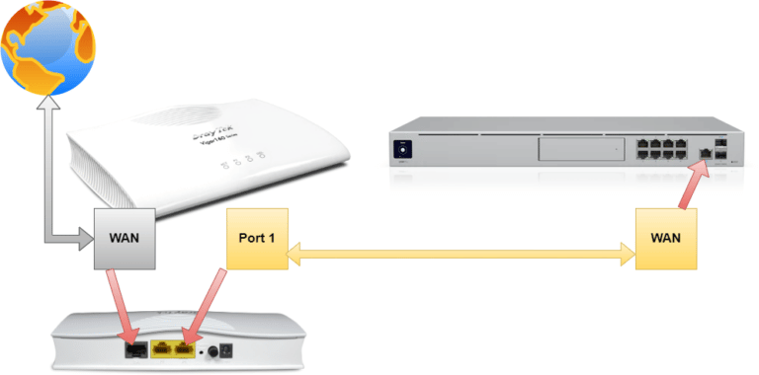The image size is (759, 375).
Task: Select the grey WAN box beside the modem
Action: pyautogui.click(x=126, y=238)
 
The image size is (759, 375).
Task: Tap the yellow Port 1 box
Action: pyautogui.click(x=257, y=238)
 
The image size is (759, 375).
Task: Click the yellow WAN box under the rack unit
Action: pyautogui.click(x=666, y=238)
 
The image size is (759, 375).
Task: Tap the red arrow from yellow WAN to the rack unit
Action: pyautogui.click(x=691, y=183)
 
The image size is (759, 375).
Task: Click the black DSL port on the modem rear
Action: pyautogui.click(x=134, y=347)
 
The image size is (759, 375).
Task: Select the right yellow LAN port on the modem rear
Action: pyautogui.click(x=183, y=348)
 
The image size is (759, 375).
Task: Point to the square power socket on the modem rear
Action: pyautogui.click(x=228, y=348)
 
